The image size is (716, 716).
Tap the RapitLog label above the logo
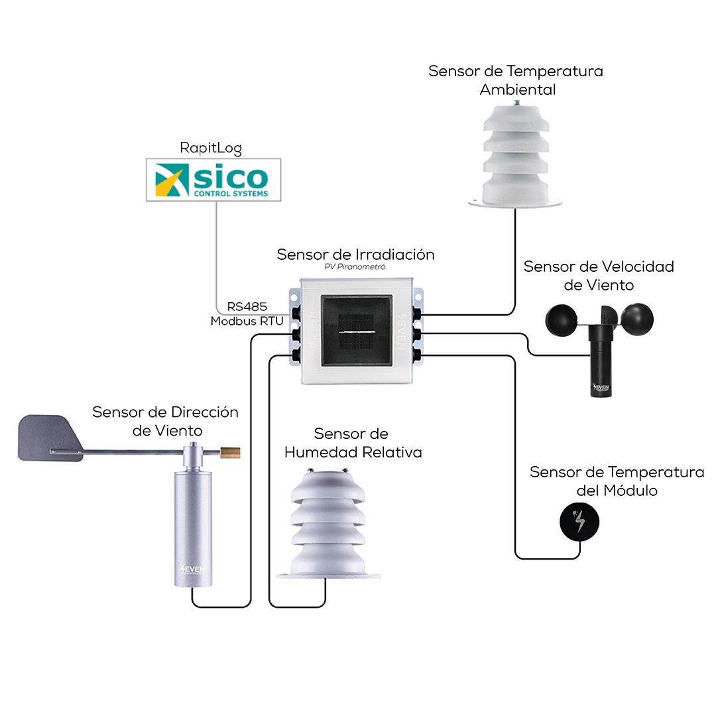(x=211, y=148)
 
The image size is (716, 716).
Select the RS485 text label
(x=247, y=307)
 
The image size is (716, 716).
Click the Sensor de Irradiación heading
(x=355, y=255)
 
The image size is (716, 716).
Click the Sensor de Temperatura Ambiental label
(x=516, y=80)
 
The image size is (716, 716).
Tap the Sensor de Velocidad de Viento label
(x=598, y=276)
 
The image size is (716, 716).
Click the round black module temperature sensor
(x=580, y=520)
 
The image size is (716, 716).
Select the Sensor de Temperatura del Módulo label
(x=617, y=481)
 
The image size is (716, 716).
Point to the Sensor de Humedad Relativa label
(x=353, y=443)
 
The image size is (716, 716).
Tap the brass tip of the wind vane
(x=232, y=453)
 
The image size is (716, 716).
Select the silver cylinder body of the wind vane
(x=193, y=524)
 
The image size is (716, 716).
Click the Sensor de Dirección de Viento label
(x=166, y=421)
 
